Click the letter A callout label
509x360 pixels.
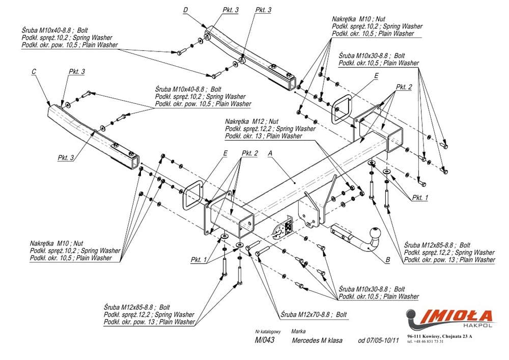[x=270, y=152]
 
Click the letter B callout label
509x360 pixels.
[x=387, y=260]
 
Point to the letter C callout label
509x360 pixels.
[x=34, y=72]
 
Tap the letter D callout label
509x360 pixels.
[x=185, y=10]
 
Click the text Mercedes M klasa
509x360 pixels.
[x=317, y=340]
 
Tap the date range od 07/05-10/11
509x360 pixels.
[x=378, y=340]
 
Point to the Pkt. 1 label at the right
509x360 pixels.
[x=420, y=198]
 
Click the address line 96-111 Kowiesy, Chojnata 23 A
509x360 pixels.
[x=440, y=336]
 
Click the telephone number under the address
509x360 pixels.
[x=426, y=342]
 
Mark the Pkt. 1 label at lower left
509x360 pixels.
[x=199, y=259]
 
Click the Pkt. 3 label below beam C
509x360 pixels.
[x=66, y=157]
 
